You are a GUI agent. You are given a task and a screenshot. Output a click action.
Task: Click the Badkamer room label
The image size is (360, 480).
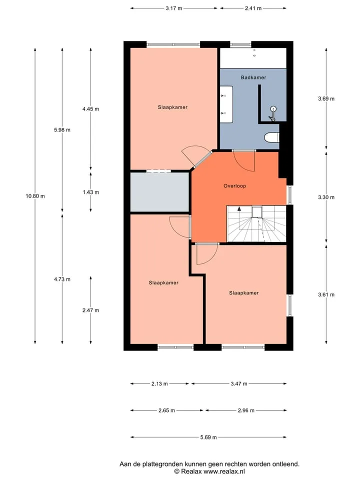253,77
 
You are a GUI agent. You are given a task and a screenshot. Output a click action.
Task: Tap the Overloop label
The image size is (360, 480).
234,186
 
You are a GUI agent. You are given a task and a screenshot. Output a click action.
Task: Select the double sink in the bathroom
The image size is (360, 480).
226,104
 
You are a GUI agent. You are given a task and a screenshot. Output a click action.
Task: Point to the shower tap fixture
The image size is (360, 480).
272,113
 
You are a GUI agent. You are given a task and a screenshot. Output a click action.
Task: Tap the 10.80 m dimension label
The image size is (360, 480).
35,196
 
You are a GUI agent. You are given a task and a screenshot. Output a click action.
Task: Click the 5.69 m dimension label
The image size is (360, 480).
208,437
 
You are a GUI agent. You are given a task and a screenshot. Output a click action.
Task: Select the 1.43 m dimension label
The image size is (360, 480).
90,192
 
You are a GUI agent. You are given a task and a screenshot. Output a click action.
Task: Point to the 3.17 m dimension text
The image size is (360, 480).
174,8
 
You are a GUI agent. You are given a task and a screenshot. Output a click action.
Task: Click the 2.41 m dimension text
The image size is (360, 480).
253,8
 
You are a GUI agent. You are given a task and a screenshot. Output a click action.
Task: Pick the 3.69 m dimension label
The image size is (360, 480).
326,98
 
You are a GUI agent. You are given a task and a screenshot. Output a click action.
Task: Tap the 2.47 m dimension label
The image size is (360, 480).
90,310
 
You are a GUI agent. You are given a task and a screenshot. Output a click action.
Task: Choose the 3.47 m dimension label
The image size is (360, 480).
239,383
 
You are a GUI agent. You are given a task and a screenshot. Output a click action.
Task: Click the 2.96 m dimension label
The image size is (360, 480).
246,410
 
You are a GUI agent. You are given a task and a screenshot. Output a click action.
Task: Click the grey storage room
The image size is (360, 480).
159,192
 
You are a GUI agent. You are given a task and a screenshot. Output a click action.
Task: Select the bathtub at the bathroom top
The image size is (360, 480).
253,58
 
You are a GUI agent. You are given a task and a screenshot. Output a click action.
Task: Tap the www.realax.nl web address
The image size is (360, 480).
224,471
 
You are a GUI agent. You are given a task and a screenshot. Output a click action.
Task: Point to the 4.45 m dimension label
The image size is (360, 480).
90,108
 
